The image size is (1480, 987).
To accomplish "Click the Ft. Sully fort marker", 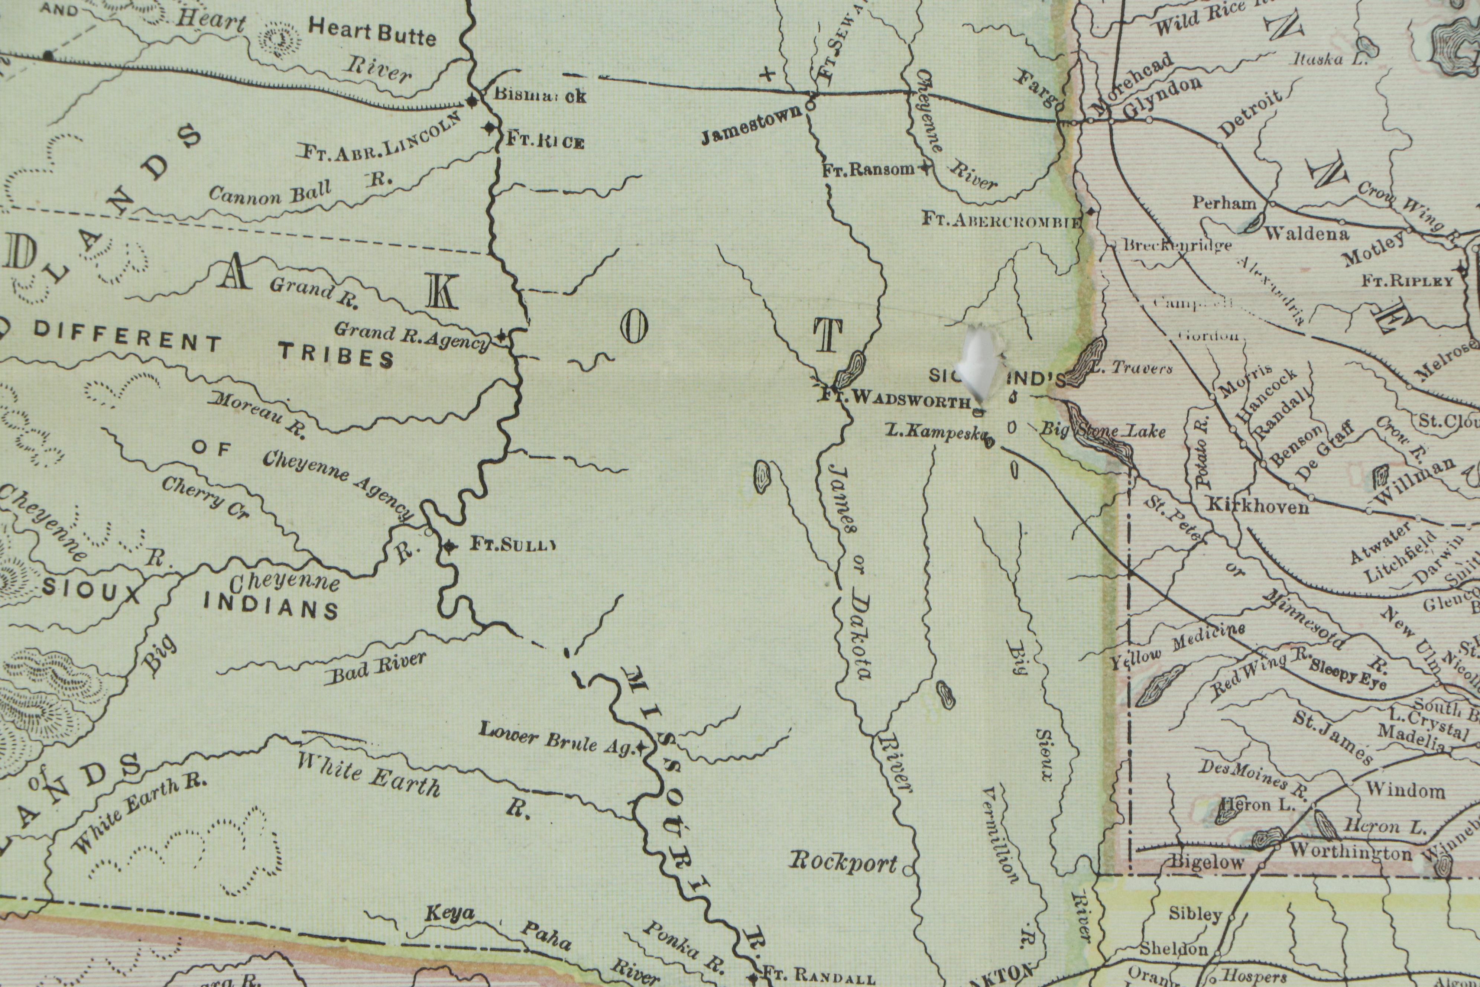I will (449, 546).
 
